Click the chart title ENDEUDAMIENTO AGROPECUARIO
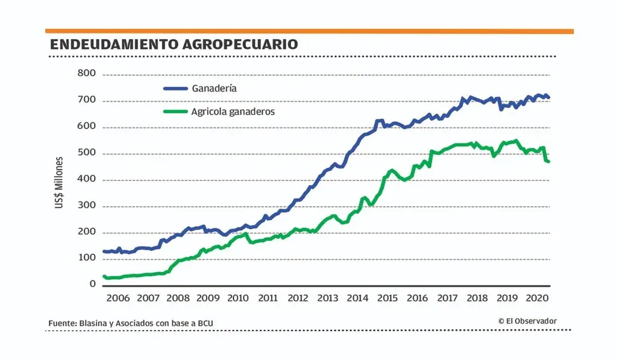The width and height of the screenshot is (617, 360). (x=174, y=44)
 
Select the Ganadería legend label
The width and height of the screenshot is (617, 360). (x=214, y=88)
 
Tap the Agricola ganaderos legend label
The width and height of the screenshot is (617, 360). (x=233, y=112)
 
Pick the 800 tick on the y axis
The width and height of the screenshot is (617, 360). (x=87, y=74)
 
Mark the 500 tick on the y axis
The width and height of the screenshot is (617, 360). (x=87, y=153)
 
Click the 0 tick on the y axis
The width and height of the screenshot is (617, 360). (x=93, y=284)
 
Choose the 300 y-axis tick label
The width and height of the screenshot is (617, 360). (x=87, y=206)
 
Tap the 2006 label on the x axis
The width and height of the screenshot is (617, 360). (x=117, y=298)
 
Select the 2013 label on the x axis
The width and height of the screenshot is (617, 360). (x=327, y=298)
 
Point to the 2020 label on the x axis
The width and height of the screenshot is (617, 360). (x=536, y=298)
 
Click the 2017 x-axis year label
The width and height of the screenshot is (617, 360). (x=447, y=298)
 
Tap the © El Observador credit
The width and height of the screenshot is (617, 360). (x=527, y=321)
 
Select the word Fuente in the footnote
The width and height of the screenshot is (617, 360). (x=62, y=324)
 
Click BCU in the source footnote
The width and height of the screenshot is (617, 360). (x=205, y=324)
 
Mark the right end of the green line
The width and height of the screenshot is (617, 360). (x=548, y=162)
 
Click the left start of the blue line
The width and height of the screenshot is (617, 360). (x=104, y=251)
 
